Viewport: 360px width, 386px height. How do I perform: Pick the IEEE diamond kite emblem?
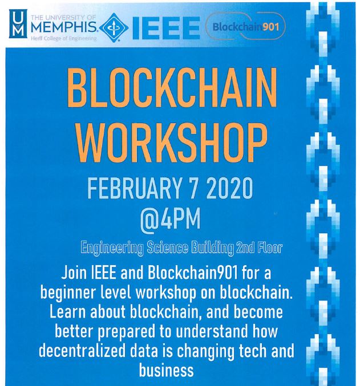[114, 27]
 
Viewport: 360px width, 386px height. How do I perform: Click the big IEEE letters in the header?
[166, 27]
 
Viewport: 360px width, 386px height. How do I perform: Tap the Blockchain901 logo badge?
[245, 26]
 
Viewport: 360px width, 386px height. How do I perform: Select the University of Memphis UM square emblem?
[18, 23]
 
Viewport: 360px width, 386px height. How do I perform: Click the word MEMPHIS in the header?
[64, 27]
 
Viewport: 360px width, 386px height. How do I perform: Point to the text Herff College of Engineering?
[63, 38]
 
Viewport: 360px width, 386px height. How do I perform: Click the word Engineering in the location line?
[112, 248]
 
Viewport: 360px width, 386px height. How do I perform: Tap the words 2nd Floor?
[259, 247]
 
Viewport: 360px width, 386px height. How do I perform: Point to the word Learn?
[68, 312]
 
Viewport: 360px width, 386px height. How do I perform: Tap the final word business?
[167, 370]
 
